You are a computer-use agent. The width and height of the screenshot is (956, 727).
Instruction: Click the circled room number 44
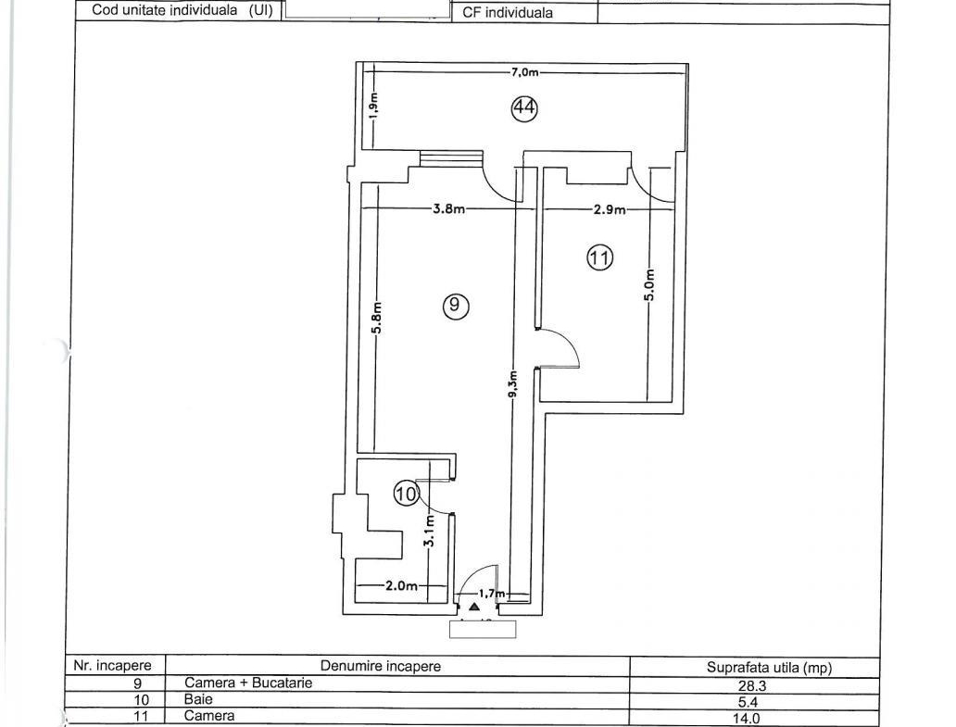[524, 108]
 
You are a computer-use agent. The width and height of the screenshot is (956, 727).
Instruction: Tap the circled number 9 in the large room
[456, 306]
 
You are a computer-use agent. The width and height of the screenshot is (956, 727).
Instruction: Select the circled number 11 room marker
[600, 257]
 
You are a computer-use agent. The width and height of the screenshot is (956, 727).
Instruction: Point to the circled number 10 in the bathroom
[406, 493]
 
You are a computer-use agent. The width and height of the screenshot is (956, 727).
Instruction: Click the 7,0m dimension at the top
[525, 72]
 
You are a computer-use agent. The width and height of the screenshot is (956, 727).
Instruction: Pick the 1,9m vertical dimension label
[373, 105]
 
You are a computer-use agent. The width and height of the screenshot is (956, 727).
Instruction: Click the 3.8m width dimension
[448, 209]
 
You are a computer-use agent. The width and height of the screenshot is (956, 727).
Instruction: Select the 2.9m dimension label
[610, 209]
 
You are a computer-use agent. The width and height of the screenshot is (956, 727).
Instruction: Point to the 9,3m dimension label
[513, 384]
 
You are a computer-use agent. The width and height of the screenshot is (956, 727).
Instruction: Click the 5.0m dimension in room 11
[650, 285]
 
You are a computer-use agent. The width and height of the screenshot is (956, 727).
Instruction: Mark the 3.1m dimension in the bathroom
[430, 532]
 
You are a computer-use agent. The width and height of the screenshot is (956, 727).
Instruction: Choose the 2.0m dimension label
[401, 585]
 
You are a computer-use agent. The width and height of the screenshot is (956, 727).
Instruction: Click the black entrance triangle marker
[474, 607]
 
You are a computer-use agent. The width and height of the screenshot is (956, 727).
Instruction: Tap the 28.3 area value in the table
[752, 686]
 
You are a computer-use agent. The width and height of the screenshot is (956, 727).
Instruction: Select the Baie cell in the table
[199, 699]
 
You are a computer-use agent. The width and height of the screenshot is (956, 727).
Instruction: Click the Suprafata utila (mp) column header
[770, 668]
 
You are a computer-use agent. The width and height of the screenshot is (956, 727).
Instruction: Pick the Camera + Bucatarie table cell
[248, 683]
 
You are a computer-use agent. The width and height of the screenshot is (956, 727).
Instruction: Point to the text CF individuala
[508, 13]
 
